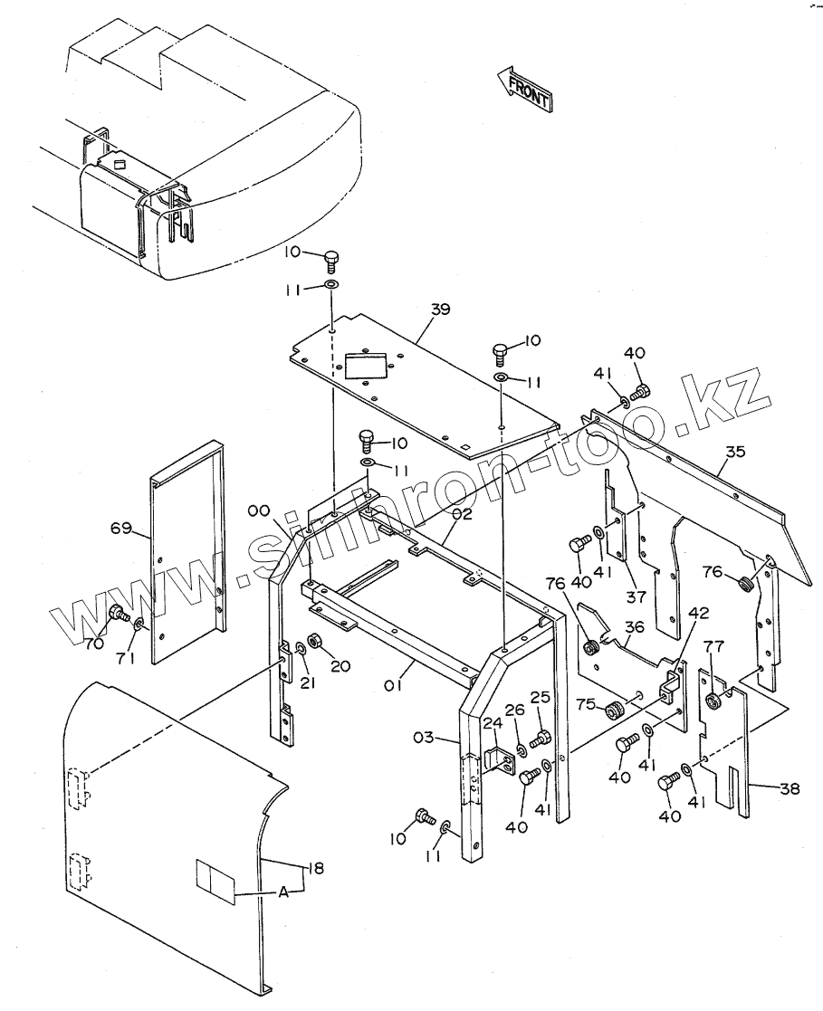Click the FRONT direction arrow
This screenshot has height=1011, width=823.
[x=524, y=88]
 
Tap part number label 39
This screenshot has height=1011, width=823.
[x=440, y=310]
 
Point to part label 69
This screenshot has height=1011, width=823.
[x=121, y=528]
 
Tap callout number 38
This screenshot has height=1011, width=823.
[x=790, y=788]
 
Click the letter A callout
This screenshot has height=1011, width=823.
[x=283, y=892]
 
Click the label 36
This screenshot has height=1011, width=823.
[x=633, y=626]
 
